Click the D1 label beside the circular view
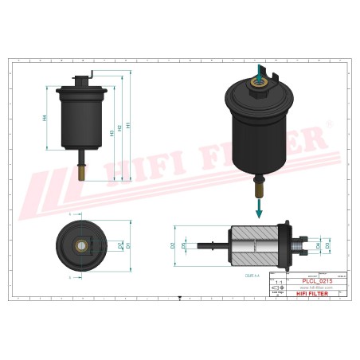pos(128,245)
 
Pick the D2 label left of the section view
pos(173,246)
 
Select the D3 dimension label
pos(327,246)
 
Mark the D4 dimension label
pos(319,246)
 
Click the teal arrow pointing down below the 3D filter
pos(259,209)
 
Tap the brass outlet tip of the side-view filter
pos(81,169)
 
